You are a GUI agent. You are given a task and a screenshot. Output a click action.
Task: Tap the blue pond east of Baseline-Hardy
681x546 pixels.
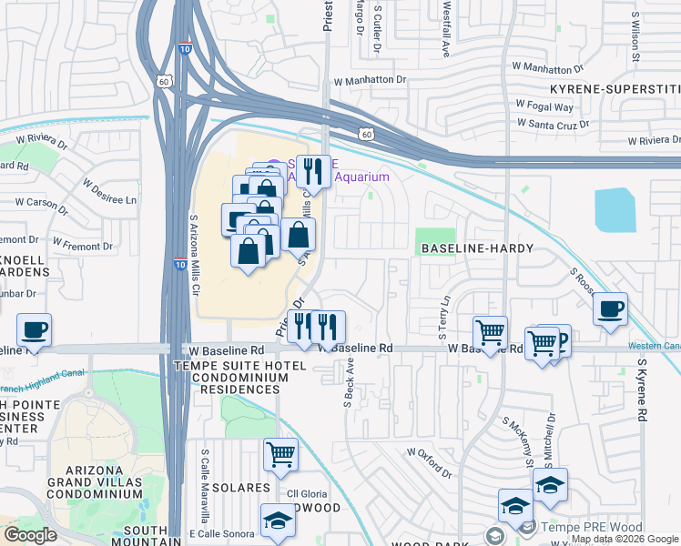(615, 210)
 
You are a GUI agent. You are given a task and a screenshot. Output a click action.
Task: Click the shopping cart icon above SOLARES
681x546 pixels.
(280, 453)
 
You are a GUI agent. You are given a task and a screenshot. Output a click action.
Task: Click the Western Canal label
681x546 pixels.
(653, 346)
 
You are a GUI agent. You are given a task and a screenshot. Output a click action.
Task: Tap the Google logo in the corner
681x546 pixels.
(31, 535)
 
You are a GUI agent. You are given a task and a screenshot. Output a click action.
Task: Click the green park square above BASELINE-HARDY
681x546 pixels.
(436, 240)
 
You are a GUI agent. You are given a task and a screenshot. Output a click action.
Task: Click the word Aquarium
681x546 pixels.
(363, 177)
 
